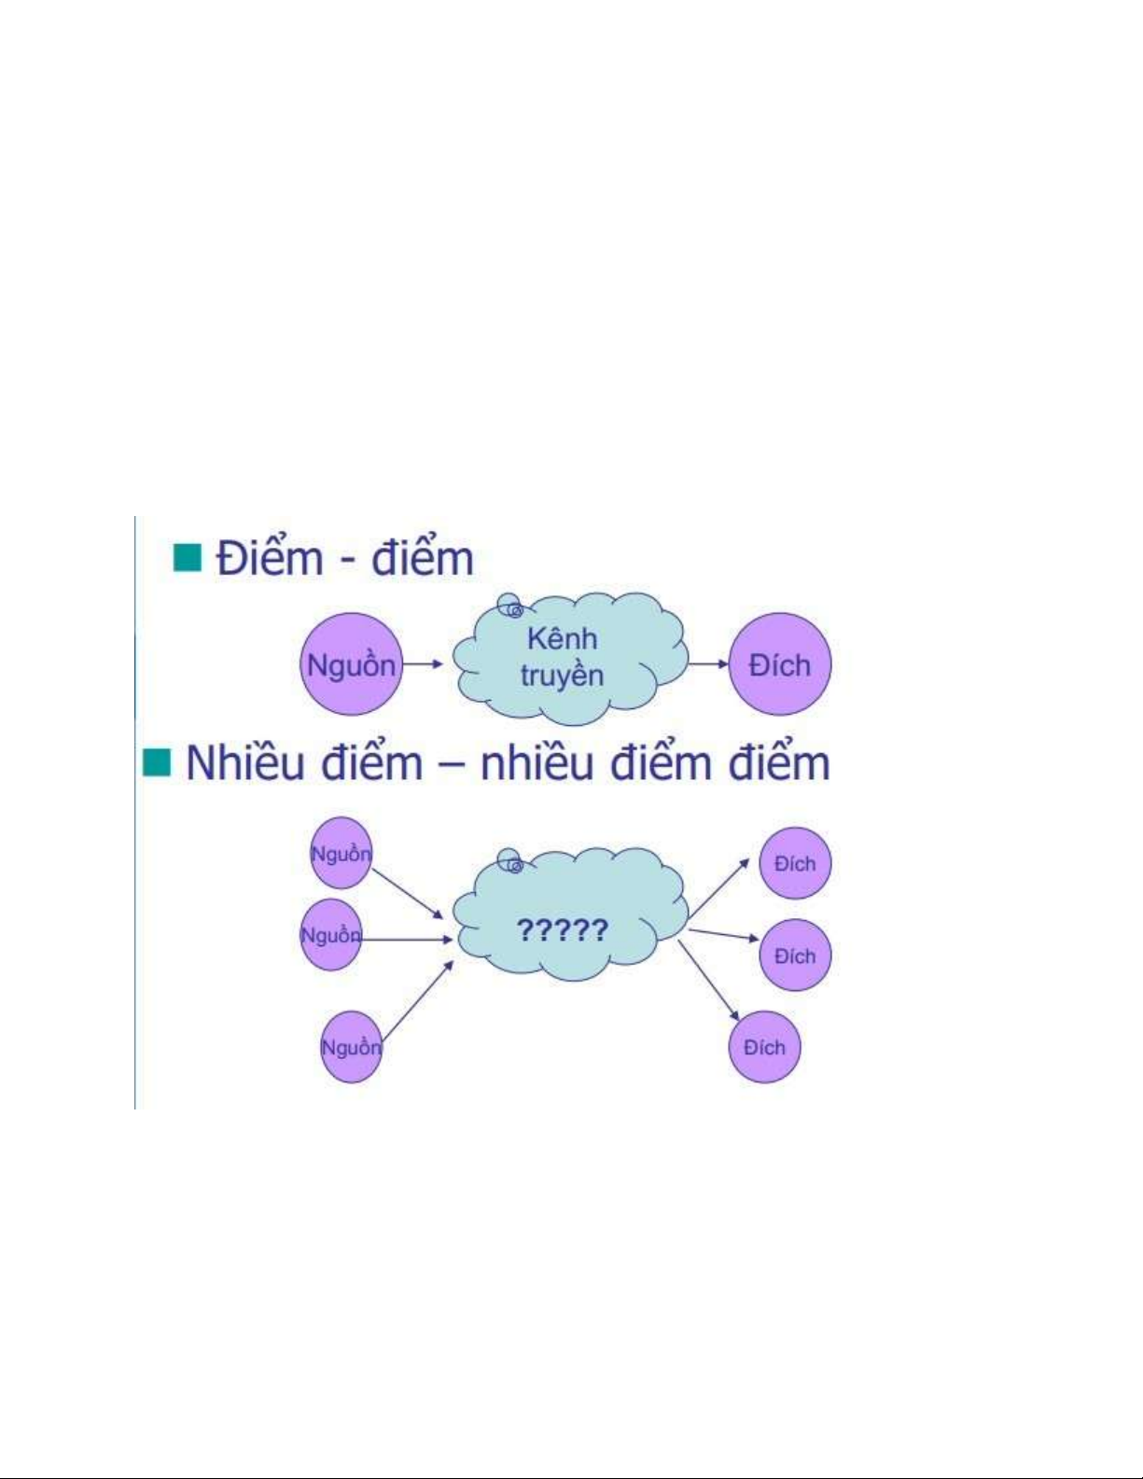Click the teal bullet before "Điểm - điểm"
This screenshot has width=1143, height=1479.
[x=188, y=558]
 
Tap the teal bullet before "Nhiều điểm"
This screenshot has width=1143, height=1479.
[x=157, y=762]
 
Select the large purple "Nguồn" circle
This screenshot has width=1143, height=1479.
[x=352, y=664]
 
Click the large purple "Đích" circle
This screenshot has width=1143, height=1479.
[x=780, y=664]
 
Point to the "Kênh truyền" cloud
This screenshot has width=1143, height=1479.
[x=570, y=659]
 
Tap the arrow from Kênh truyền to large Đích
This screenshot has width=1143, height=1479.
[x=708, y=664]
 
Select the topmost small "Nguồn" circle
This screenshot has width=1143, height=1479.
[x=341, y=854]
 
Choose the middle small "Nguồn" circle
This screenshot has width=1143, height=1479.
[x=330, y=935]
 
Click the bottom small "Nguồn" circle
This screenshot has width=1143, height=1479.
[x=351, y=1047]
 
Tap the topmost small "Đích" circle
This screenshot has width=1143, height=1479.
[x=795, y=863]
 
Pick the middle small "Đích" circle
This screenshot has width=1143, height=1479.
[x=795, y=956]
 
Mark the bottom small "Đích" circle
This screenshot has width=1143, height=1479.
[x=764, y=1047]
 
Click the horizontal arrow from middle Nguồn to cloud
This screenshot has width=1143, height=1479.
[x=407, y=938]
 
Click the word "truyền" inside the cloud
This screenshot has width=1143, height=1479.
[x=562, y=676]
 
